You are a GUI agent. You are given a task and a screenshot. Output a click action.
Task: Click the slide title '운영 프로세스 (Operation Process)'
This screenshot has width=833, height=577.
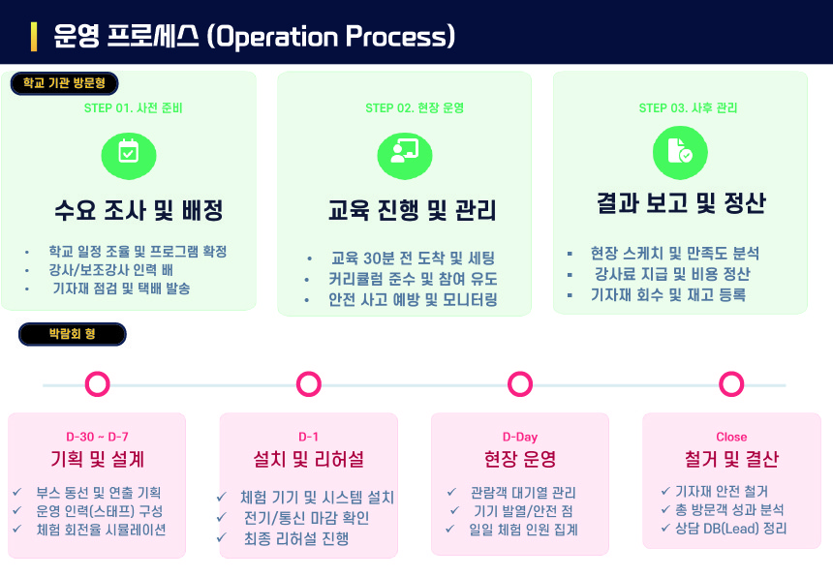click(255, 37)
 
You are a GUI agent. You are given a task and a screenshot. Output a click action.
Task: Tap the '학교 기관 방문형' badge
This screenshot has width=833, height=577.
click(65, 83)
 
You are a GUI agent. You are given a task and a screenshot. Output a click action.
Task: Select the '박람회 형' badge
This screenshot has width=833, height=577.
click(72, 335)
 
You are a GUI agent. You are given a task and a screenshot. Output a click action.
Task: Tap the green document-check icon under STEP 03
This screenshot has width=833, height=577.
click(679, 152)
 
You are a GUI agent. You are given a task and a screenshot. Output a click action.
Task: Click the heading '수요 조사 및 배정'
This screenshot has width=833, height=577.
click(139, 210)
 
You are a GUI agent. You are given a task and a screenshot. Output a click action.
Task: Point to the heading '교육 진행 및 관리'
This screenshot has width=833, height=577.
click(413, 210)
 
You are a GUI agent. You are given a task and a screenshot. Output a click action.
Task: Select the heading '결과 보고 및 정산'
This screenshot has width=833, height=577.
click(681, 203)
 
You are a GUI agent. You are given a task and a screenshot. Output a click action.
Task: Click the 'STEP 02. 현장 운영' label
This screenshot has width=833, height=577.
click(415, 108)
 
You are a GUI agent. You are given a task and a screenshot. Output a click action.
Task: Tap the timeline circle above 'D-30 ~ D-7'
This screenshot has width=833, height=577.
click(97, 384)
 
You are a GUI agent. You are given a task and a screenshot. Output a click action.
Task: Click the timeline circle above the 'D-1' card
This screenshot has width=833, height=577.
click(309, 384)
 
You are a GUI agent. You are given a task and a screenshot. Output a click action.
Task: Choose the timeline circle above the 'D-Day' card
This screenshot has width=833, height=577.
click(520, 384)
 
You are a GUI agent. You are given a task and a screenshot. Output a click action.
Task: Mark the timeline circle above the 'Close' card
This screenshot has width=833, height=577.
click(731, 384)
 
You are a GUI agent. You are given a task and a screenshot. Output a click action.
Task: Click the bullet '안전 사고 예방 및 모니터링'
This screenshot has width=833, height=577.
click(413, 300)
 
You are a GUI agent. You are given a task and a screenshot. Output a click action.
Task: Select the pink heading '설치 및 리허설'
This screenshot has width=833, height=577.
click(308, 459)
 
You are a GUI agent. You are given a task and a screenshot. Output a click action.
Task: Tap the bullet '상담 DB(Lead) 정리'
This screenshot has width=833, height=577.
click(731, 529)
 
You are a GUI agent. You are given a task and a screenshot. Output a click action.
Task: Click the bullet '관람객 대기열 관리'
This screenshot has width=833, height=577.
click(523, 493)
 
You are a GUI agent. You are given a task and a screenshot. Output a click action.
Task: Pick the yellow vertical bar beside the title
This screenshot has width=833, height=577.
click(35, 37)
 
